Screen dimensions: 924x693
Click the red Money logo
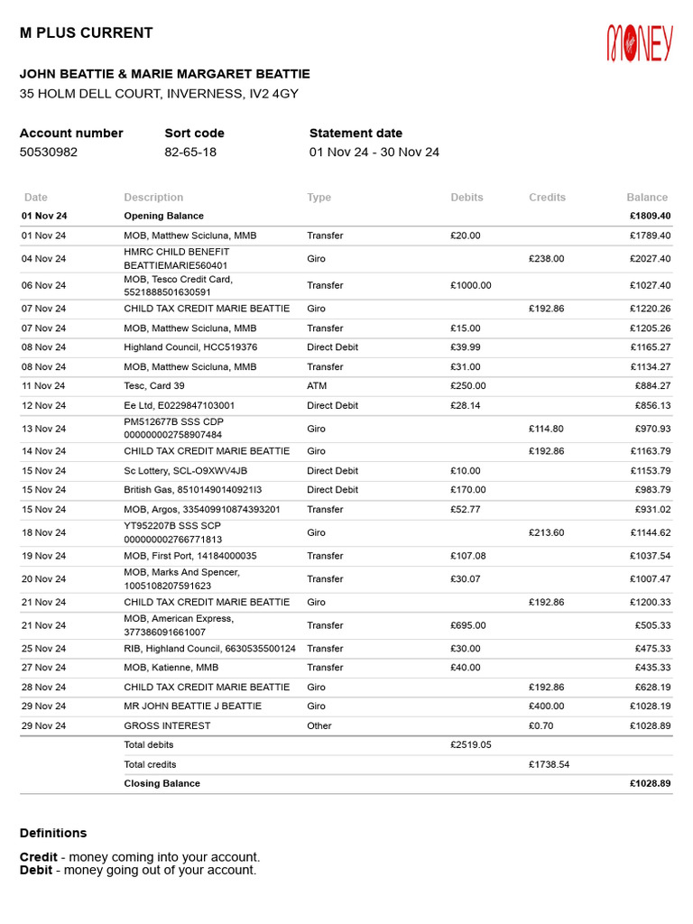click(640, 43)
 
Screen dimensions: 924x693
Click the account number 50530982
click(49, 152)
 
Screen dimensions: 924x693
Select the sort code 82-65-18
click(190, 152)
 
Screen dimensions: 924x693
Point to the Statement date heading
click(356, 133)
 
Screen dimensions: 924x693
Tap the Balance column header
click(647, 197)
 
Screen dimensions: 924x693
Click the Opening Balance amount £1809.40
click(650, 216)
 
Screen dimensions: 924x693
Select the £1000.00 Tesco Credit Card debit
click(471, 285)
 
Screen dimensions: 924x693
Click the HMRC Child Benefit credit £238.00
click(546, 258)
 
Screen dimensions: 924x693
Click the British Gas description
click(193, 490)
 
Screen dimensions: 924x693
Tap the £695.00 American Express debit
click(467, 625)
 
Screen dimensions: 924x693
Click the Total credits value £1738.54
click(549, 764)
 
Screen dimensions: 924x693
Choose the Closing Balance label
click(162, 783)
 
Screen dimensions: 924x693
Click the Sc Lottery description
click(185, 471)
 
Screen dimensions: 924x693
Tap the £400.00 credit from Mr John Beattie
click(546, 706)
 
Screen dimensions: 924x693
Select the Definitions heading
click(53, 833)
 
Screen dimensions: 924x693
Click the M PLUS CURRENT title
click(87, 33)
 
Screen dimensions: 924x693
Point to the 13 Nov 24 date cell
click(44, 429)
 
